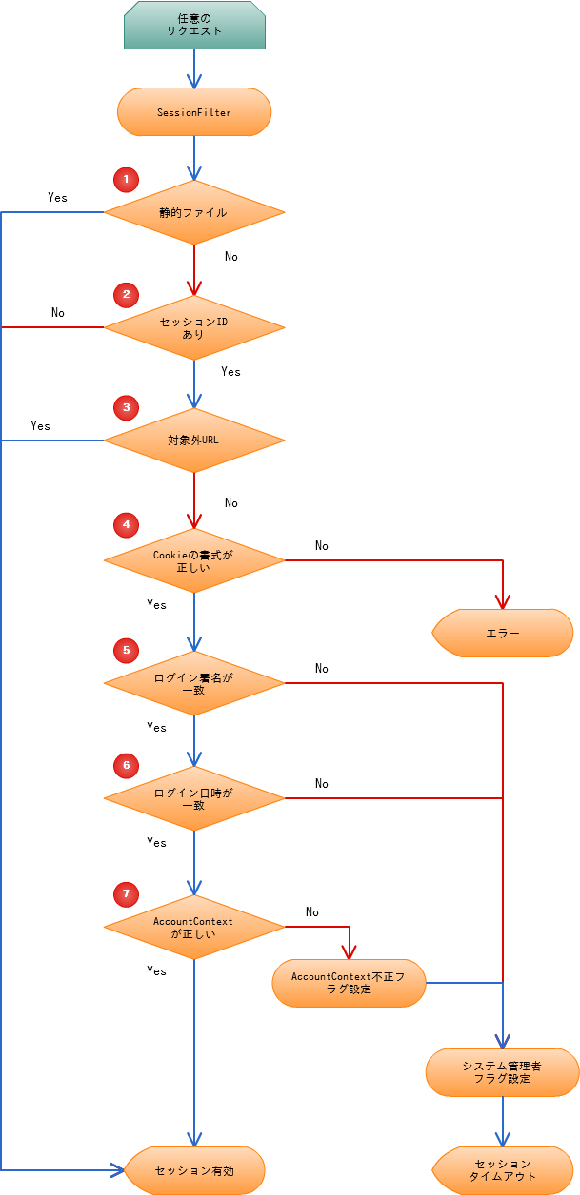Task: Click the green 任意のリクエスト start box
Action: [x=194, y=25]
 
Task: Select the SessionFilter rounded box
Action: [x=194, y=112]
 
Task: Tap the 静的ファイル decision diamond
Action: [x=194, y=212]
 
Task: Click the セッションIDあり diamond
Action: [x=194, y=328]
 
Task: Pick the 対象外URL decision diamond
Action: [x=194, y=441]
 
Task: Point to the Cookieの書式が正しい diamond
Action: [x=194, y=560]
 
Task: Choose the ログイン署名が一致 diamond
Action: [x=194, y=683]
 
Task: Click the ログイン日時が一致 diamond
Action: [x=194, y=798]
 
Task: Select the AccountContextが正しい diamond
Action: [x=194, y=927]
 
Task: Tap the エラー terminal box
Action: [x=503, y=633]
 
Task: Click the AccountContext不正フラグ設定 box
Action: [x=349, y=983]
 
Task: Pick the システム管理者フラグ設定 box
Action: [x=502, y=1072]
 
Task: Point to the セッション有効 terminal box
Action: [x=194, y=1170]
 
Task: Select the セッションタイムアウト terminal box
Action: [x=503, y=1170]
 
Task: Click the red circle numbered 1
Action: [x=125, y=179]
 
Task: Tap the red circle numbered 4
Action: [x=125, y=524]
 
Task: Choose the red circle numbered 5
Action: [x=125, y=651]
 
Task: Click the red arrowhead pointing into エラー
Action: [x=503, y=601]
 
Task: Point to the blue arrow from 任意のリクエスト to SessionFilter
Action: [x=194, y=69]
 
